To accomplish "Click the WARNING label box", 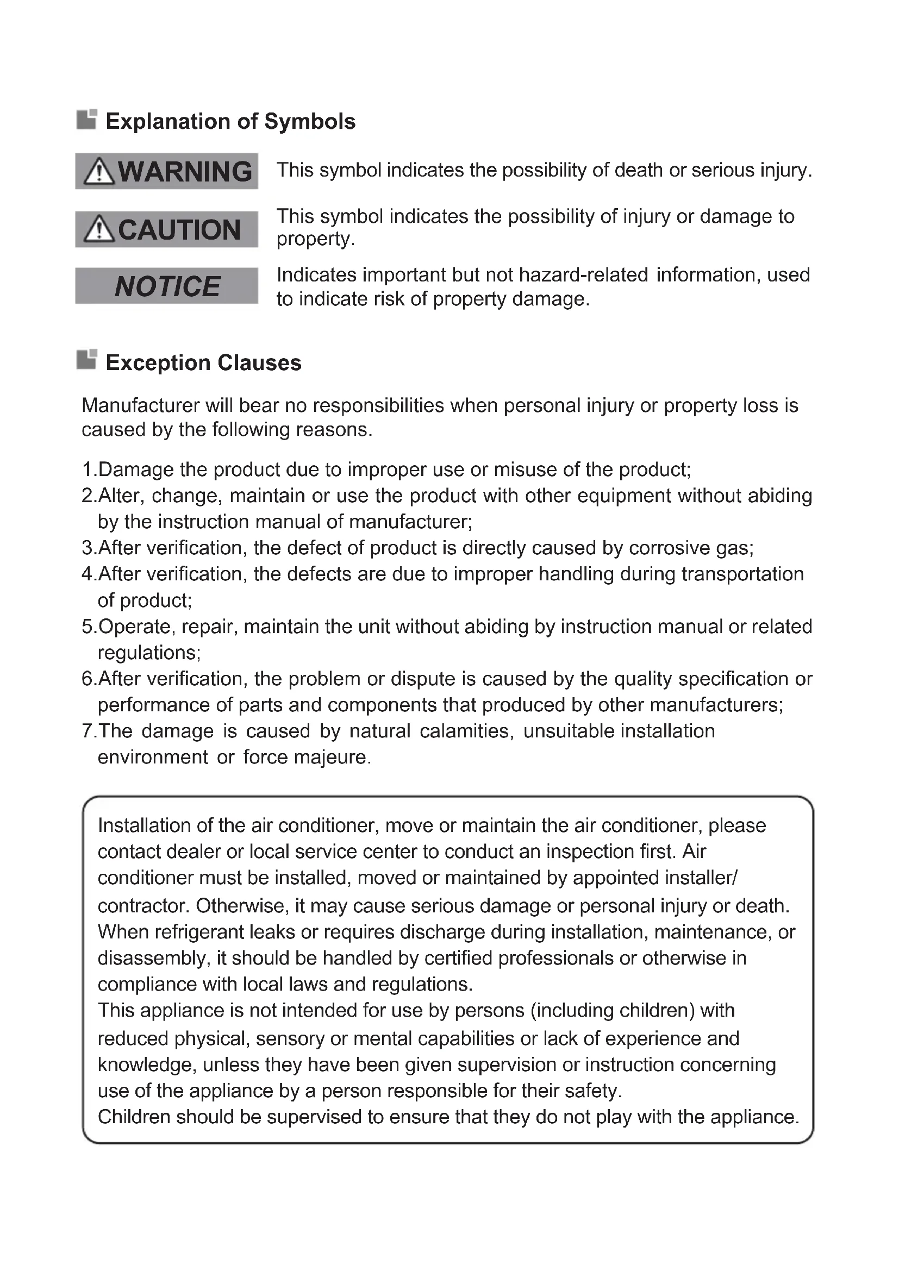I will click(x=167, y=171).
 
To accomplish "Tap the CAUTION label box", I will click(x=167, y=229).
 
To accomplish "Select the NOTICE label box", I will click(x=167, y=286).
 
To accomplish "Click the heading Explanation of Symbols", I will click(x=230, y=121).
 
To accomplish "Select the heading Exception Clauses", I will click(x=203, y=362).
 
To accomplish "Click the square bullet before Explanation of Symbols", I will click(x=87, y=119).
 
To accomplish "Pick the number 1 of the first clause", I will click(x=87, y=469).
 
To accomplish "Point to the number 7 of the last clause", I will click(x=87, y=731).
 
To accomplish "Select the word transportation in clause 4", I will click(x=742, y=574).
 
